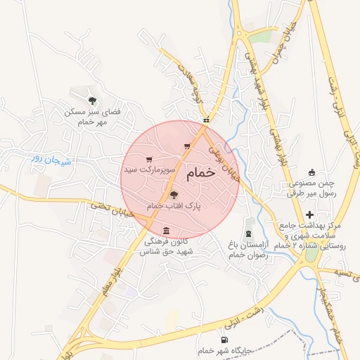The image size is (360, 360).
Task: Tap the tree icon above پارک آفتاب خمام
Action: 174,195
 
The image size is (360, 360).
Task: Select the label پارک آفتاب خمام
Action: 174,206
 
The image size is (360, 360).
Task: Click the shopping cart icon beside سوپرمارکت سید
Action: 148,160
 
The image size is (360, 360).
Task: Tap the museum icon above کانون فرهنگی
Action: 166,231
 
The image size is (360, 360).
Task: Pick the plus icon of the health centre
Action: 310,214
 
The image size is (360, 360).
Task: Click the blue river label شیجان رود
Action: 53,160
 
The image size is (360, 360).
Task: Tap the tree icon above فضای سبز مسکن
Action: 92,101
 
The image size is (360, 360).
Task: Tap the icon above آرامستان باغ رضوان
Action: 250,233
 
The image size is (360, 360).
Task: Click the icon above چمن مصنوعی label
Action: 312,173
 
